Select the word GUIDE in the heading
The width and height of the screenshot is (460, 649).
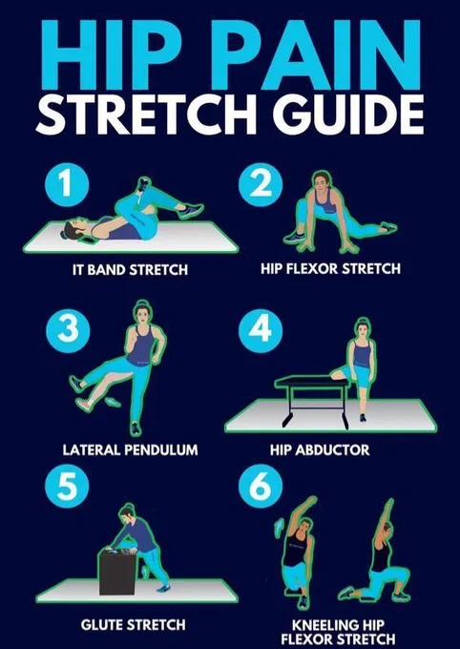coord(347,115)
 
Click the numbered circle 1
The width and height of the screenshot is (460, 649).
coord(67,184)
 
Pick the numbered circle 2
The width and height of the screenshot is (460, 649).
coord(261,184)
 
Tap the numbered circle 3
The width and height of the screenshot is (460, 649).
coord(68,331)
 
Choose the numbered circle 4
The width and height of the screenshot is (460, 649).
coord(261,331)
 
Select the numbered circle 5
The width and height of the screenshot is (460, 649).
coord(67,486)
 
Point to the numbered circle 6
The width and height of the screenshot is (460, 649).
coord(261,486)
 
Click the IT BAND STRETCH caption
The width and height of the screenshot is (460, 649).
coord(130,270)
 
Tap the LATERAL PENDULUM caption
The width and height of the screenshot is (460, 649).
coord(130,450)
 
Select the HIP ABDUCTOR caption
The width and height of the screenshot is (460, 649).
coord(320,450)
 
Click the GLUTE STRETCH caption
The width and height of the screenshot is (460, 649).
coord(133,624)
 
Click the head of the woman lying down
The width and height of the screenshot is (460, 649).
coord(73,229)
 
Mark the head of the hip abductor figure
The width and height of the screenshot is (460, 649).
coord(363,330)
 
